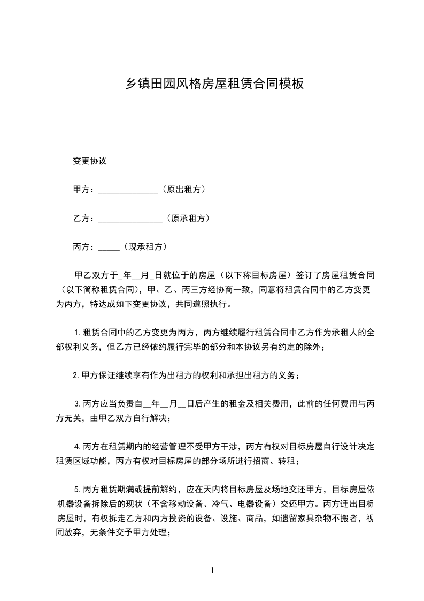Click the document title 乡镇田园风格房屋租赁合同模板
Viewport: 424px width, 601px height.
click(214, 84)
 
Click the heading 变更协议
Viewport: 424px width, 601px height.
click(90, 161)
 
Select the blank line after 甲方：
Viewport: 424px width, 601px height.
click(128, 191)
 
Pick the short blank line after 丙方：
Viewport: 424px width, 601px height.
click(109, 248)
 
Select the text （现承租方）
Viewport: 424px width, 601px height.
click(144, 247)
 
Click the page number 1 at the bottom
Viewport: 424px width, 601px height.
click(212, 570)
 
